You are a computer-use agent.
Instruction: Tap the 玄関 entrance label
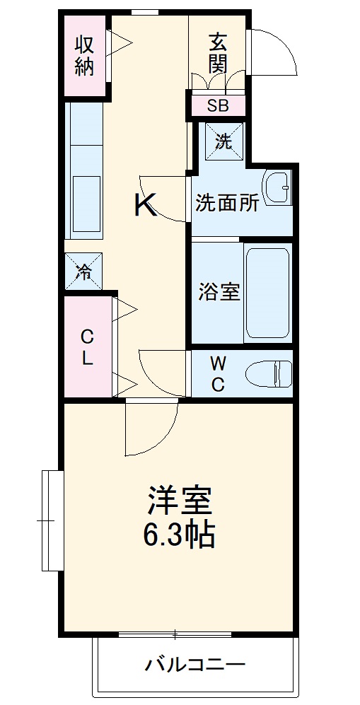tap(218, 53)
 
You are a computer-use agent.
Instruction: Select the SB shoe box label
tap(217, 106)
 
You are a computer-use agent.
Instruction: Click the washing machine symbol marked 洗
tap(223, 141)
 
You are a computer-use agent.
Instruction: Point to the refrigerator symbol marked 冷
tap(84, 272)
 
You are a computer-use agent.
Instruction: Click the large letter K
tap(146, 205)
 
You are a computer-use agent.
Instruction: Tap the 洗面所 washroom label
tap(227, 204)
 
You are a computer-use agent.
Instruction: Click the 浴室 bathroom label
tap(219, 291)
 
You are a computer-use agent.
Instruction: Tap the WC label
tap(219, 374)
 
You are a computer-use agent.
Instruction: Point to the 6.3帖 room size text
tap(179, 536)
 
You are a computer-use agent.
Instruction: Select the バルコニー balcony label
tap(195, 665)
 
